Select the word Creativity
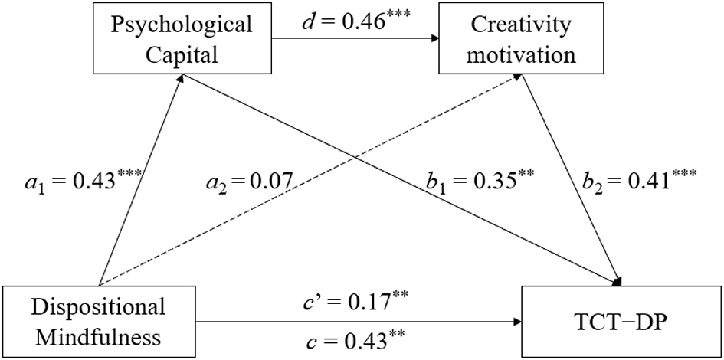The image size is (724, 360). point(521,24)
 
